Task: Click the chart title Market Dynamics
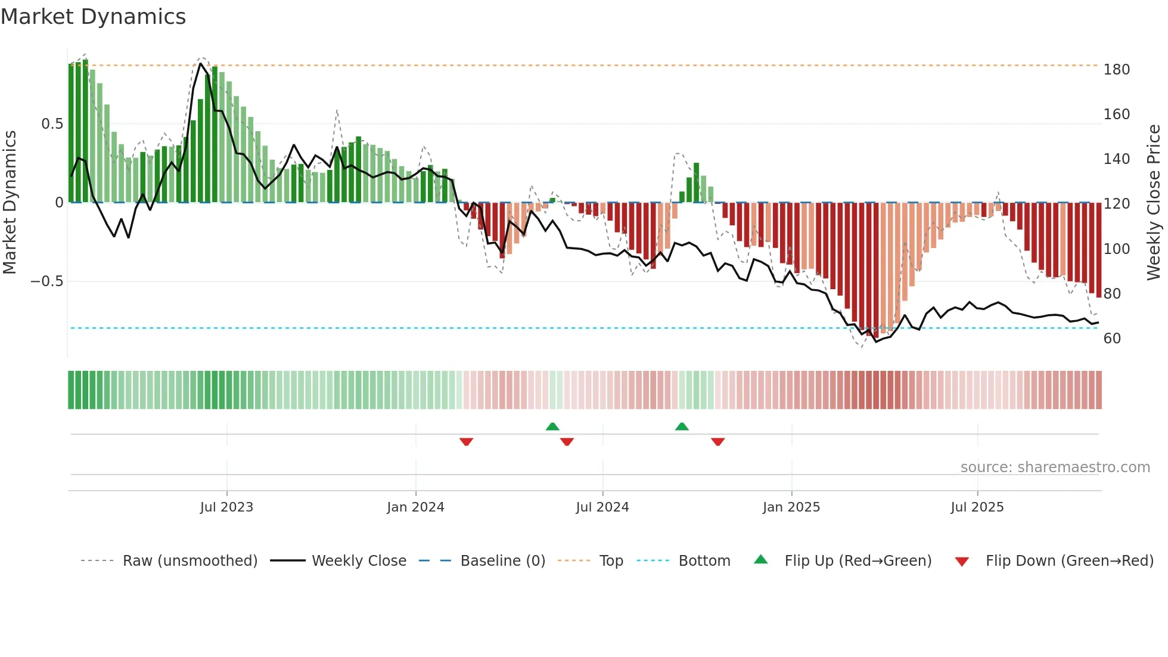[x=94, y=17]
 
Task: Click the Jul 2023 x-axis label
[x=226, y=507]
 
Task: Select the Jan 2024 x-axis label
[x=415, y=507]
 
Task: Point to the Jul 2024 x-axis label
[x=602, y=507]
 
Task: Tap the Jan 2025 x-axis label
[x=791, y=507]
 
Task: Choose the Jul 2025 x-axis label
[x=977, y=507]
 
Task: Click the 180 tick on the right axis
[x=1116, y=70]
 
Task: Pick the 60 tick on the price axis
[x=1112, y=339]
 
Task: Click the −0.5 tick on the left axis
[x=47, y=281]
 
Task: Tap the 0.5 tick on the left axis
[x=52, y=124]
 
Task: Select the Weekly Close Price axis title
[x=1154, y=203]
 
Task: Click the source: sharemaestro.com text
[x=1055, y=467]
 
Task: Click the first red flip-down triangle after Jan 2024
[x=467, y=442]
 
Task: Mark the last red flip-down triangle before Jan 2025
[x=717, y=442]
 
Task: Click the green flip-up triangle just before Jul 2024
[x=552, y=426]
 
